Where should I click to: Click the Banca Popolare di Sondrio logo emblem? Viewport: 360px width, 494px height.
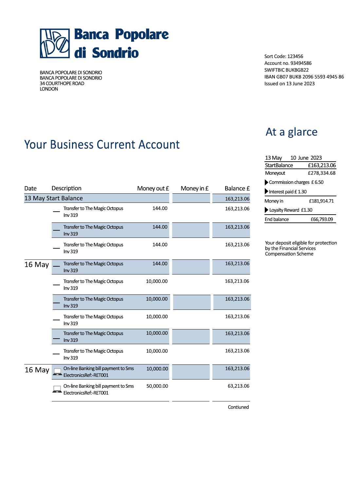[55, 44]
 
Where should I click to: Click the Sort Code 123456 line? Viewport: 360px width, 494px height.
[284, 56]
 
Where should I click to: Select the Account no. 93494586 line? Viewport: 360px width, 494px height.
[288, 63]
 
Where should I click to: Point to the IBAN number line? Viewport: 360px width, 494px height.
[304, 77]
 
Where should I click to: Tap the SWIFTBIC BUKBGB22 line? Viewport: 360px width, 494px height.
[286, 70]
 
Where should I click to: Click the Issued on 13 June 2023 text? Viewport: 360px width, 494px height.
[289, 84]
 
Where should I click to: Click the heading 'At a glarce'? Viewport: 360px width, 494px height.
[291, 132]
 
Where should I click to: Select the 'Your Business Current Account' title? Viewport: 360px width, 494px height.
[102, 145]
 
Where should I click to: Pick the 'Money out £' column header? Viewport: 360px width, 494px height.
[153, 188]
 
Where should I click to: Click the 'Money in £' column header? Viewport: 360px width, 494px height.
[194, 188]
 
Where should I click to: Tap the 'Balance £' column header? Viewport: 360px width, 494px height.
[237, 188]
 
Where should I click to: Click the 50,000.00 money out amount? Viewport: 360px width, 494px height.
[157, 386]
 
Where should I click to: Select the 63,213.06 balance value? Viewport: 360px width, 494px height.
[238, 386]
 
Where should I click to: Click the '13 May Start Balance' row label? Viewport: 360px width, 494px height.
[54, 198]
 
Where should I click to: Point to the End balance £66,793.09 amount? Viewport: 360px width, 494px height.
[322, 220]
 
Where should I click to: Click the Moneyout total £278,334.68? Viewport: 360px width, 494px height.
[321, 173]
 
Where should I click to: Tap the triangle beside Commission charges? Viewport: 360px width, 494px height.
[266, 182]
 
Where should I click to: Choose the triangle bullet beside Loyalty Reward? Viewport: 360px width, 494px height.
[266, 210]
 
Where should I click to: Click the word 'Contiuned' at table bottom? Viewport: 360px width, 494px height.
[238, 407]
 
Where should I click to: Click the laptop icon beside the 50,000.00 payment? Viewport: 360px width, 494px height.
[57, 389]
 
